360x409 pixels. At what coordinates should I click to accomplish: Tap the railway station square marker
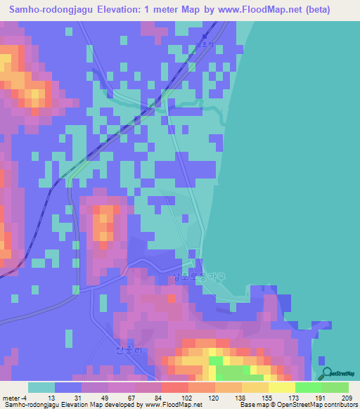pyautogui.click(x=205, y=37)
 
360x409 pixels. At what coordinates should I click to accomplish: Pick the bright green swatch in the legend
pyautogui.click(x=308, y=387)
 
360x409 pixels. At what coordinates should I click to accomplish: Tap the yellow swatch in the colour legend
pyautogui.click(x=281, y=387)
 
